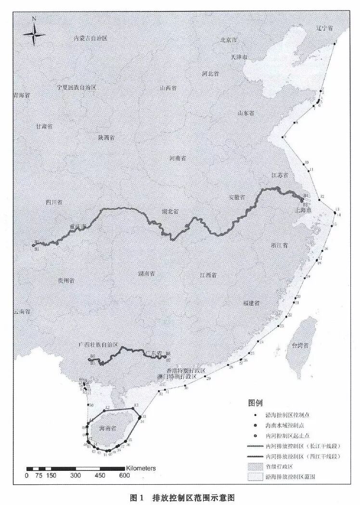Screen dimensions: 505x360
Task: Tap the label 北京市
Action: [230, 40]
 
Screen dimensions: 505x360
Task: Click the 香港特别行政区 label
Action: [186, 370]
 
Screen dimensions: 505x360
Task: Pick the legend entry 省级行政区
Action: [280, 466]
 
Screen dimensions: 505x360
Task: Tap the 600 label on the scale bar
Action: [125, 476]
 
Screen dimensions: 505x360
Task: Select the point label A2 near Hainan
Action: [107, 408]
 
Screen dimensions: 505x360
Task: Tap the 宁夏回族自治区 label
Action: [77, 88]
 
